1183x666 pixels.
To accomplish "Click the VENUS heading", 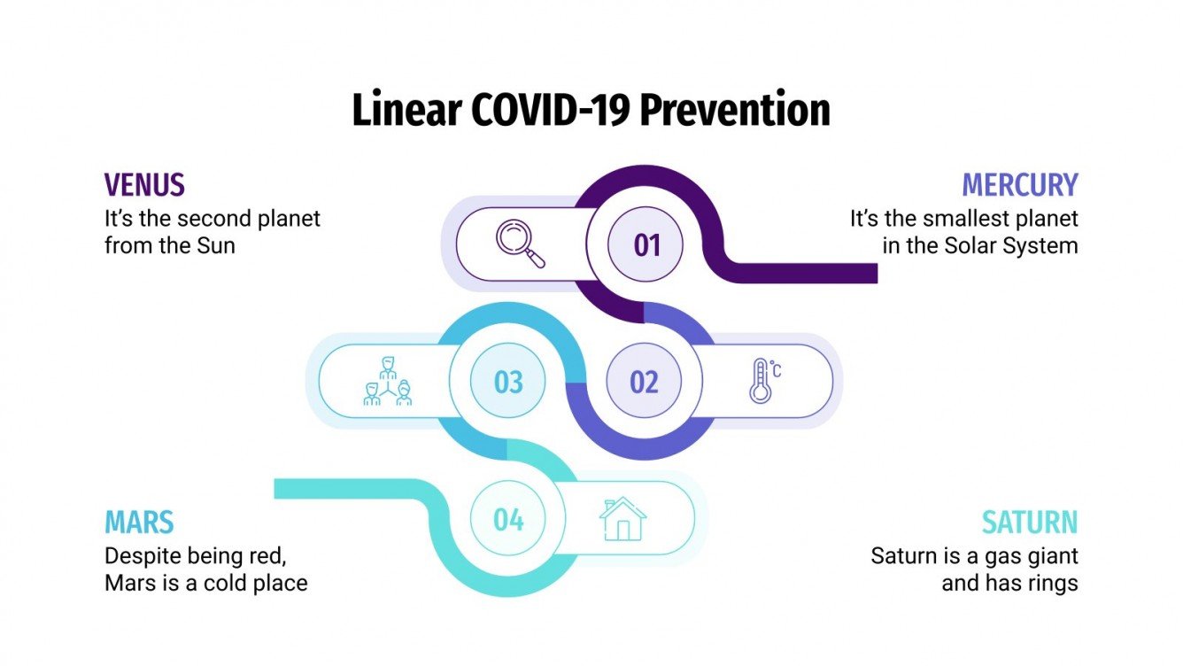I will click(x=144, y=185).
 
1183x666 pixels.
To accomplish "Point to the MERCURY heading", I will click(x=1020, y=185).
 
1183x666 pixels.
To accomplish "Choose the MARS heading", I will click(x=139, y=523).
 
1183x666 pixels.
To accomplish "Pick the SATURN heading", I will click(x=1030, y=523).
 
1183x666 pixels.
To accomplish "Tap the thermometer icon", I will click(x=762, y=382).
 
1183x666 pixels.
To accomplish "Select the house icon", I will click(x=622, y=520).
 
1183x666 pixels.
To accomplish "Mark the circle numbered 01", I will click(x=646, y=244).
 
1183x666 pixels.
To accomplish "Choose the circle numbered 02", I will click(x=644, y=383).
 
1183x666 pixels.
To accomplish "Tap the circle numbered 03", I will click(x=508, y=383).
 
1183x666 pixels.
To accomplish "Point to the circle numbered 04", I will click(x=508, y=520).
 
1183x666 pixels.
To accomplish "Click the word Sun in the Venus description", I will click(x=216, y=245).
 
